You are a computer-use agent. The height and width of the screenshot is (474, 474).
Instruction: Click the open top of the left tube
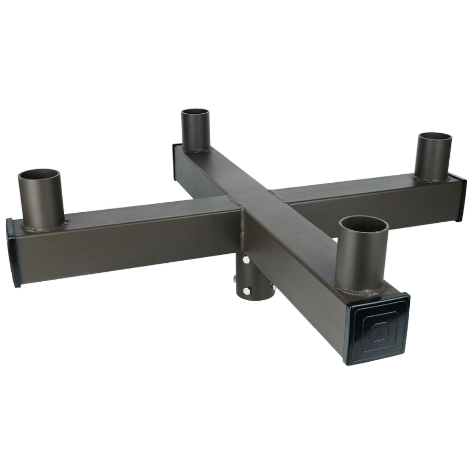click(39, 176)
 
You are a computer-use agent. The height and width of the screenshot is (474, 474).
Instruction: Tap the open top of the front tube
click(363, 224)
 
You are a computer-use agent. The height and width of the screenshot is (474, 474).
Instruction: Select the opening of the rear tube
click(195, 113)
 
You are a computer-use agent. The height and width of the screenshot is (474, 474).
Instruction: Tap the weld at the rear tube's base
click(196, 150)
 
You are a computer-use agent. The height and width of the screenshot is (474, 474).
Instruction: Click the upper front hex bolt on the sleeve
click(246, 260)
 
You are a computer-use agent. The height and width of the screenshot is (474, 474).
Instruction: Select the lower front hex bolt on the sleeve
click(246, 290)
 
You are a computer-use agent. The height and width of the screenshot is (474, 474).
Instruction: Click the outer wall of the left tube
click(41, 203)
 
